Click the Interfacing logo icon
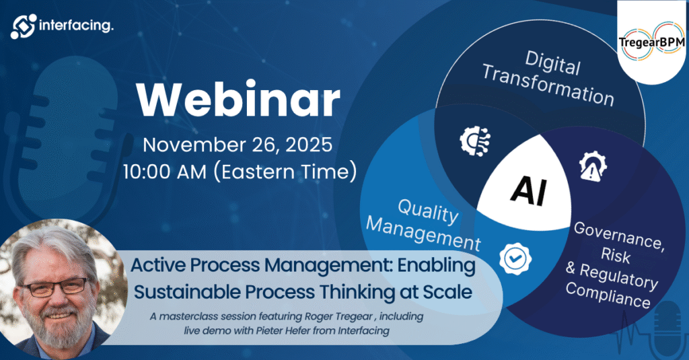tap(24, 26)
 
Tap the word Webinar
tap(238, 100)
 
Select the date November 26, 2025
tap(238, 145)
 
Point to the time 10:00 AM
tap(165, 172)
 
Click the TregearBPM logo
tap(651, 41)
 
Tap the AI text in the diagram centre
tap(529, 190)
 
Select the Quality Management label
tap(424, 225)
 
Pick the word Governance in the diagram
tap(619, 235)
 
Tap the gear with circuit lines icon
tap(475, 141)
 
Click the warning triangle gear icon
tap(593, 166)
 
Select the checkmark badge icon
tap(515, 258)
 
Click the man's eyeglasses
tap(55, 287)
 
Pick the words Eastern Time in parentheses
tap(285, 172)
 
